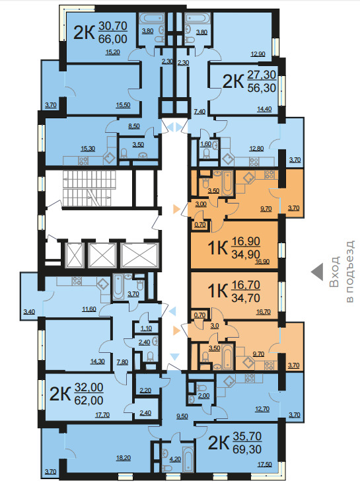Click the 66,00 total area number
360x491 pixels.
click(x=113, y=39)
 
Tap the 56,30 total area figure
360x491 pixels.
click(x=262, y=88)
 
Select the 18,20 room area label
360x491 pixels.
click(x=124, y=458)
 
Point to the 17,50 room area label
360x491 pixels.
click(x=264, y=465)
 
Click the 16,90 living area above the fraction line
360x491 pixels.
click(x=246, y=241)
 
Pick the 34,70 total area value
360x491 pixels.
click(x=246, y=297)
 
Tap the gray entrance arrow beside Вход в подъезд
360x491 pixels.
click(x=317, y=272)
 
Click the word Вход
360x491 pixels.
click(x=335, y=272)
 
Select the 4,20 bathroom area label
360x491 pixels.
click(x=175, y=459)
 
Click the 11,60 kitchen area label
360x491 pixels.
click(x=89, y=309)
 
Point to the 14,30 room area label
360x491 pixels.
click(x=97, y=361)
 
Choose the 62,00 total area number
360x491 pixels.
click(x=89, y=400)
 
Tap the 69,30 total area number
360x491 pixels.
click(x=247, y=449)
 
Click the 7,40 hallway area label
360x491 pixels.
click(x=199, y=111)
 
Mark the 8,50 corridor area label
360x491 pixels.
click(x=134, y=126)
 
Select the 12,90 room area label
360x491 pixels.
click(x=258, y=54)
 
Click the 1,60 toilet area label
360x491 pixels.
click(x=205, y=144)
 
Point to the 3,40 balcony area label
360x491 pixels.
click(x=29, y=312)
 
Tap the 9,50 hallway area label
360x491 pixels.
click(x=182, y=416)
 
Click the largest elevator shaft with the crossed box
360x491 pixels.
click(x=139, y=256)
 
